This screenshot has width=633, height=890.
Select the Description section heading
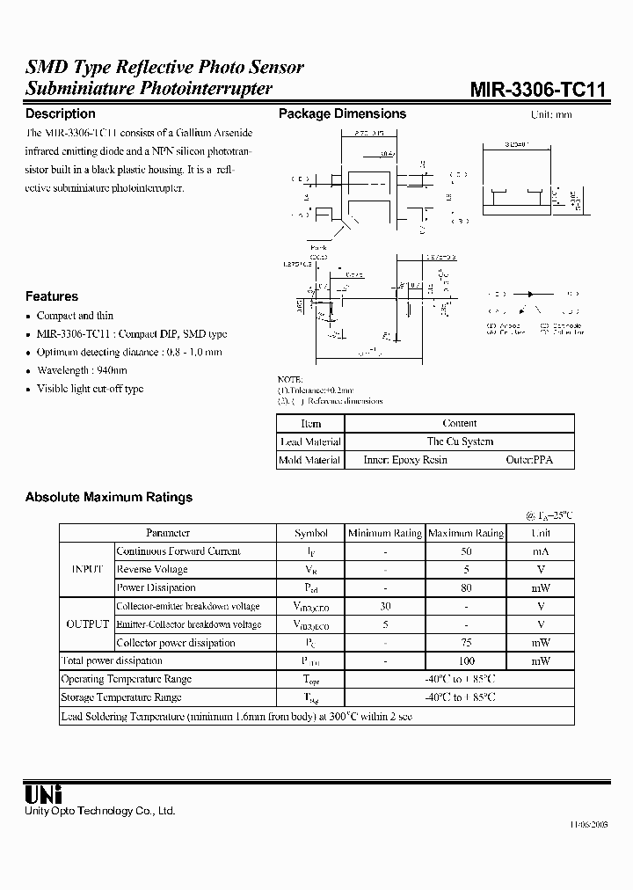pyautogui.click(x=60, y=113)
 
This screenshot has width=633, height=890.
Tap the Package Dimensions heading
pyautogui.click(x=342, y=113)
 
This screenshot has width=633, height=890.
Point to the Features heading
pyautogui.click(x=51, y=296)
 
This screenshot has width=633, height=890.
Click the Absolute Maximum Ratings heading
pyautogui.click(x=108, y=497)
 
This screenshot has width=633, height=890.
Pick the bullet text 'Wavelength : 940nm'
pyautogui.click(x=82, y=370)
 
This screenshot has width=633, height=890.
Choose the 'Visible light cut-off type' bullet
pyautogui.click(x=90, y=389)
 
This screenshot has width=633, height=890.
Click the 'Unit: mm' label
pyautogui.click(x=551, y=115)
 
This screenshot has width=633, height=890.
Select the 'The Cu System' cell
pyautogui.click(x=460, y=441)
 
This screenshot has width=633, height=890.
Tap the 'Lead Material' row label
pyautogui.click(x=310, y=441)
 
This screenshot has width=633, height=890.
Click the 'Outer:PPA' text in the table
pyautogui.click(x=529, y=460)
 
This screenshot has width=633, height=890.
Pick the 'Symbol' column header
pyautogui.click(x=311, y=533)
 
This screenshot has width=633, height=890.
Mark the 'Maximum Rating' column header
pyautogui.click(x=466, y=533)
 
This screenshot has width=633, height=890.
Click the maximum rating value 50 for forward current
pyautogui.click(x=466, y=551)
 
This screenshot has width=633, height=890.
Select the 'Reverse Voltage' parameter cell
pyautogui.click(x=152, y=570)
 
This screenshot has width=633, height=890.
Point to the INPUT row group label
pyautogui.click(x=87, y=570)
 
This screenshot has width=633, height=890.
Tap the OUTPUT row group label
pyautogui.click(x=87, y=624)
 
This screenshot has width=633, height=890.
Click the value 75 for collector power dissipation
pyautogui.click(x=466, y=643)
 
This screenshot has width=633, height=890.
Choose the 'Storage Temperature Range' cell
pyautogui.click(x=120, y=697)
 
